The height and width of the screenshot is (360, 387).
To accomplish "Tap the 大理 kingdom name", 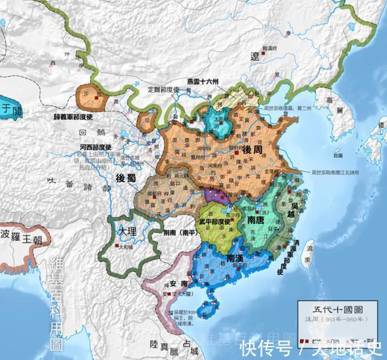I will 128,232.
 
